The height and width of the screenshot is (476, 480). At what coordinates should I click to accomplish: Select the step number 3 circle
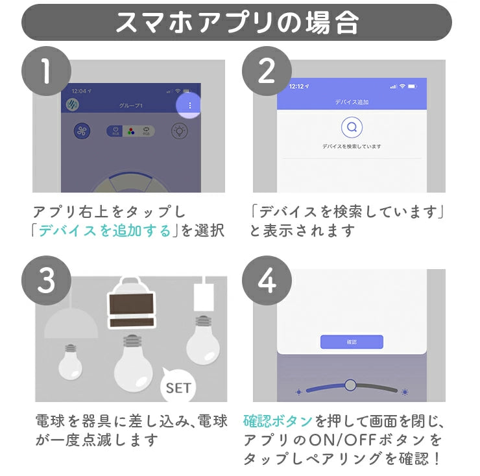pyautogui.click(x=45, y=280)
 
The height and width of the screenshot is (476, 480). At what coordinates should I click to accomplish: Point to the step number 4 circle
pyautogui.click(x=266, y=280)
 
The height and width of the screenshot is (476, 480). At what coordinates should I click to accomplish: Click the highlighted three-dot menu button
pyautogui.click(x=189, y=105)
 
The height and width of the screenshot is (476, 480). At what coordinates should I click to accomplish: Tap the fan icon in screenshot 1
pyautogui.click(x=82, y=130)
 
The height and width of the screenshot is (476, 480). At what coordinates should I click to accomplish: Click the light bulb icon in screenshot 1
pyautogui.click(x=179, y=130)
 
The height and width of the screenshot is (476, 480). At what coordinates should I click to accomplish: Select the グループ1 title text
pyautogui.click(x=130, y=105)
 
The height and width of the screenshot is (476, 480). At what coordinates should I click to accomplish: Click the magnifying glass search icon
pyautogui.click(x=352, y=127)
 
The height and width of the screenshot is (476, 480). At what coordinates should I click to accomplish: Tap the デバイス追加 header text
pyautogui.click(x=352, y=102)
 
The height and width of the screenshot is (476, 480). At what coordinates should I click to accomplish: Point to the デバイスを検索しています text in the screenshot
pyautogui.click(x=352, y=147)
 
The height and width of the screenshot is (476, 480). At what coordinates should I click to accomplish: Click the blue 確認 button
pyautogui.click(x=352, y=341)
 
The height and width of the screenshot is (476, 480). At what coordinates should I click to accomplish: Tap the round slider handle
pyautogui.click(x=350, y=385)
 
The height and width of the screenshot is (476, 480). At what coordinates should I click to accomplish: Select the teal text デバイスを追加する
pyautogui.click(x=104, y=230)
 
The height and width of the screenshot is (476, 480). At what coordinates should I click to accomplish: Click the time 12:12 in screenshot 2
pyautogui.click(x=296, y=86)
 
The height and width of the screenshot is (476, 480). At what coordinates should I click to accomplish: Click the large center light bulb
pyautogui.click(x=133, y=364)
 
